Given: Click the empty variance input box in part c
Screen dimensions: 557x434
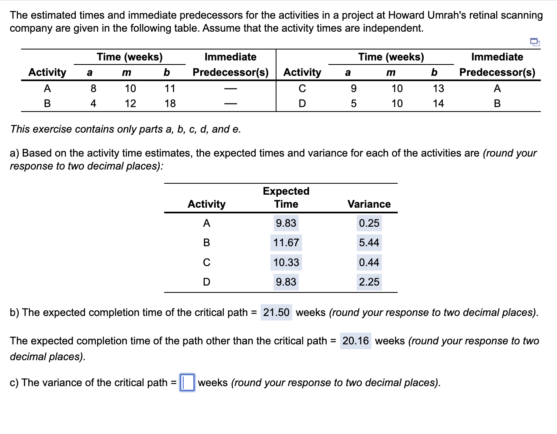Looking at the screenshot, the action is [187, 382].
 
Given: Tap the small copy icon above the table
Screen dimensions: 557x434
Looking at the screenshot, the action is [535, 41].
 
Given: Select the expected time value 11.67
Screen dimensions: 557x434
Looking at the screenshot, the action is [286, 243].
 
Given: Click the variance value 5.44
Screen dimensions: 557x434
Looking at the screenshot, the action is [369, 243].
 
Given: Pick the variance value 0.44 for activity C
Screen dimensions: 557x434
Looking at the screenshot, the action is [369, 262].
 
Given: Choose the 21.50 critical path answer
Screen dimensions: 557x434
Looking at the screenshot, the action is [276, 312].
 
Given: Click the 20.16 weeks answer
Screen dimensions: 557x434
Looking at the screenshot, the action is [356, 341].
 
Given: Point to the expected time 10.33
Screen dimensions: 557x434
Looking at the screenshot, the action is [286, 262].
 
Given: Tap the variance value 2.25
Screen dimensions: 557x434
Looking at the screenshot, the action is [369, 282].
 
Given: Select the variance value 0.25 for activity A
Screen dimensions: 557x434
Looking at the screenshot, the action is [369, 223].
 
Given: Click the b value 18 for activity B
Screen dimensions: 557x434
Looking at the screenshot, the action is [170, 103].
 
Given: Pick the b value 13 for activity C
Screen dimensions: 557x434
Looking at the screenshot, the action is [438, 88].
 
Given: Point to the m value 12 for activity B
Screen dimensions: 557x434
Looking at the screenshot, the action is [130, 103].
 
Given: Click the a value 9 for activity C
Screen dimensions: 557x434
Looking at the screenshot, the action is [353, 88].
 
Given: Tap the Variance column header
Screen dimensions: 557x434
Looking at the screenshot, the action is [369, 204].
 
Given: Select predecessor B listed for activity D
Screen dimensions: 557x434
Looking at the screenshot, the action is [497, 103].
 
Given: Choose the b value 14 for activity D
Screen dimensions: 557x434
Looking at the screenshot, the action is [438, 103].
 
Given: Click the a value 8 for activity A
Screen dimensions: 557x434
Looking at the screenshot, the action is [93, 88].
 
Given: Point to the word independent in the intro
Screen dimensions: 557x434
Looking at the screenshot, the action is [392, 28].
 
